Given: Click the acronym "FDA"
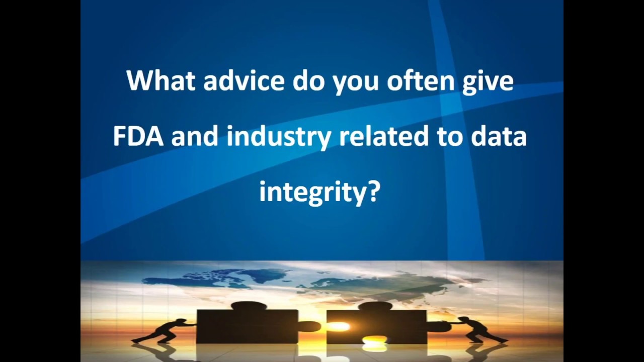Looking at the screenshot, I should (138, 136).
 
